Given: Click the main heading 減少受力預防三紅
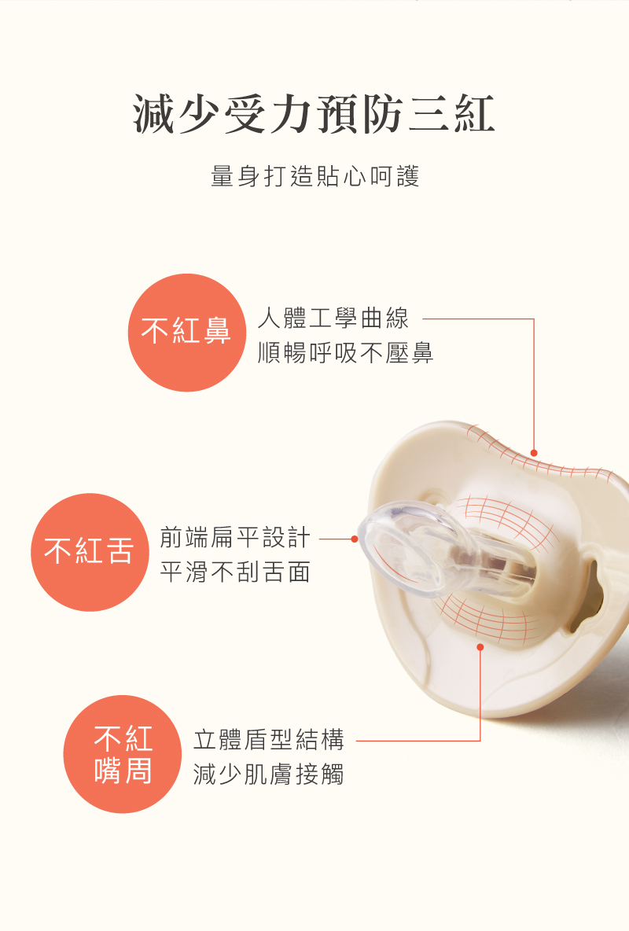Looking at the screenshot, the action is [314, 114].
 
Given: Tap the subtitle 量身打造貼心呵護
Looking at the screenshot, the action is [315, 176].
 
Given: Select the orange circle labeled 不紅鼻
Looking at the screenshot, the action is [187, 333].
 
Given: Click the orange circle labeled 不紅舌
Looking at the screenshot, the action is [90, 552].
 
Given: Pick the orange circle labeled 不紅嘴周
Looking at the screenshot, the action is [123, 754].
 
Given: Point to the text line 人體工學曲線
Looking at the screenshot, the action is [333, 318].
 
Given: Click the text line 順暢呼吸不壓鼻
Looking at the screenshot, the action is [346, 353].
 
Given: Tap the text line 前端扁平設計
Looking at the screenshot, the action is [235, 538].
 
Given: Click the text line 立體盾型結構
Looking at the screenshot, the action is [268, 740].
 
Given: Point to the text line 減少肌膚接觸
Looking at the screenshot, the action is [268, 775].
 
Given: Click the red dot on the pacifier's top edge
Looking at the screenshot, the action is [533, 453].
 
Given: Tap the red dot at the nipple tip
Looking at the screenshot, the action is [355, 539].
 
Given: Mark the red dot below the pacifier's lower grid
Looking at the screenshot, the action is [480, 647].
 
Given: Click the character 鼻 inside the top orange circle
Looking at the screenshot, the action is [217, 331].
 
